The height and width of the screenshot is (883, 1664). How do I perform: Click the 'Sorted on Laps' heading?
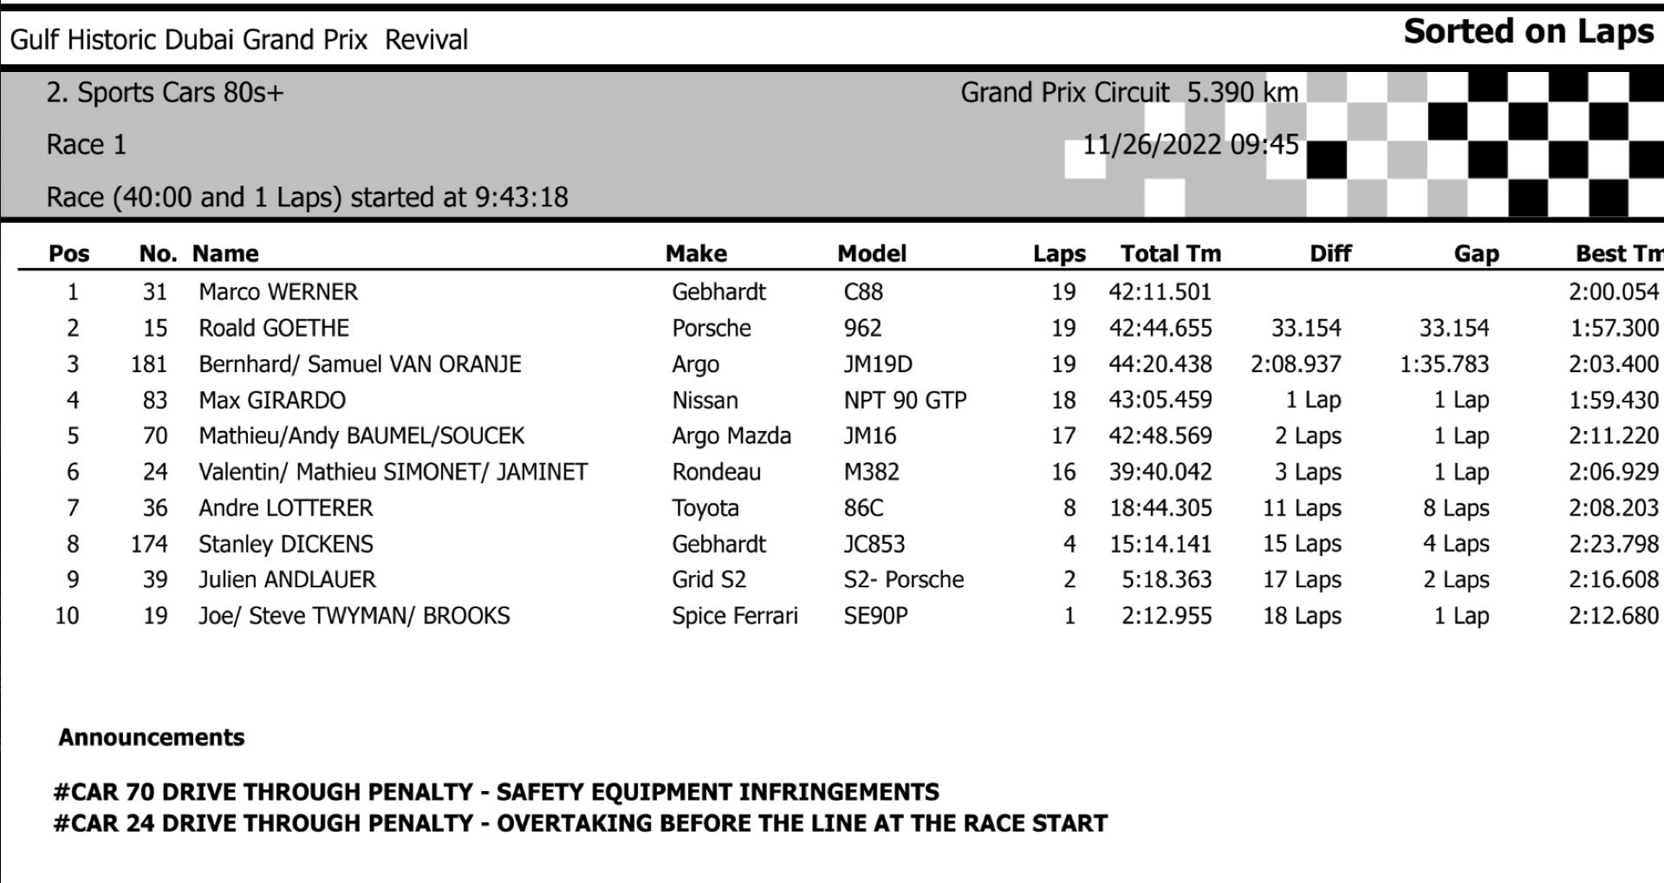click(x=1529, y=32)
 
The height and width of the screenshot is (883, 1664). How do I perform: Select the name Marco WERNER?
click(x=278, y=291)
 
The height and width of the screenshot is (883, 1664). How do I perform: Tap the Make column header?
click(x=696, y=253)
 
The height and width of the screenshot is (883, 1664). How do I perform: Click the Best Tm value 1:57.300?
click(x=1613, y=328)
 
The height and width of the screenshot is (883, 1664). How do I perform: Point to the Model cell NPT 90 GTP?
click(x=905, y=400)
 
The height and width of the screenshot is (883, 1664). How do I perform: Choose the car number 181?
click(x=149, y=363)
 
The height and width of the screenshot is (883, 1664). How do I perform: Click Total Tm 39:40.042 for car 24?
click(x=1160, y=472)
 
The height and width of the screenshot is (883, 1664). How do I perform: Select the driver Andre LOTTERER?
click(x=285, y=507)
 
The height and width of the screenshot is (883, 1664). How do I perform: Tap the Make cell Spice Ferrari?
click(x=734, y=616)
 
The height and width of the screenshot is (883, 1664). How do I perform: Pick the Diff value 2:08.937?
click(x=1296, y=363)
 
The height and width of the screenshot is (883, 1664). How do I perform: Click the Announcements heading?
click(x=152, y=737)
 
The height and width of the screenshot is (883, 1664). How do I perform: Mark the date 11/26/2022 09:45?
click(x=1190, y=144)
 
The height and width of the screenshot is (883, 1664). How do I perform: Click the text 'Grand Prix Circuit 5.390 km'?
click(x=1128, y=92)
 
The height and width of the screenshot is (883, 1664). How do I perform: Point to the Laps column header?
click(x=1058, y=253)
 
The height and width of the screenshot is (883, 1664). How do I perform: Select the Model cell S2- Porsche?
click(x=903, y=579)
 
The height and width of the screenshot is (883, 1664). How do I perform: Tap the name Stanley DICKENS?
click(x=285, y=544)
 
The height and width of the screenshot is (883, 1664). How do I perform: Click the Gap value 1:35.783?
click(x=1444, y=363)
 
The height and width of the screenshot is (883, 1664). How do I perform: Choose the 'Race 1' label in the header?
click(x=87, y=144)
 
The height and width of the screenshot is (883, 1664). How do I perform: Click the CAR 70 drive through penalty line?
click(x=496, y=791)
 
